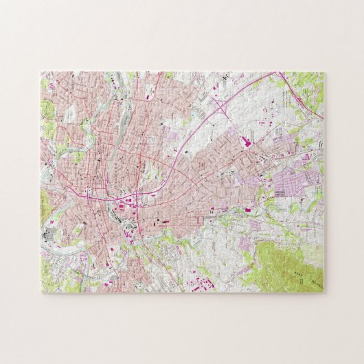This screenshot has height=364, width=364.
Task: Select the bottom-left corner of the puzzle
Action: (x=41, y=293)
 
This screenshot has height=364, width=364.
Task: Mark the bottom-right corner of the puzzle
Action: (x=324, y=293)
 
